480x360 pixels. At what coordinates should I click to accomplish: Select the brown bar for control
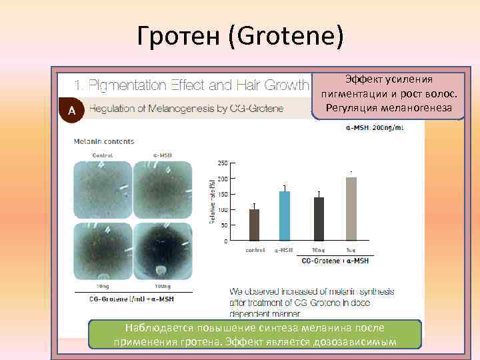coord(254,224)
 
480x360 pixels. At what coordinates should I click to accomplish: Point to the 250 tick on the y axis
coord(223,163)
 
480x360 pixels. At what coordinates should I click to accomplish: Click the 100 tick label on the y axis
coord(223,210)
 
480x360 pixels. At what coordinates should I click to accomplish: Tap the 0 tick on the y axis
coord(225,241)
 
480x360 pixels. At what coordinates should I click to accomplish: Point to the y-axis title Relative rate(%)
coord(213,201)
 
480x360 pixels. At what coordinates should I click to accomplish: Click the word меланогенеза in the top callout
coord(418,108)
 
